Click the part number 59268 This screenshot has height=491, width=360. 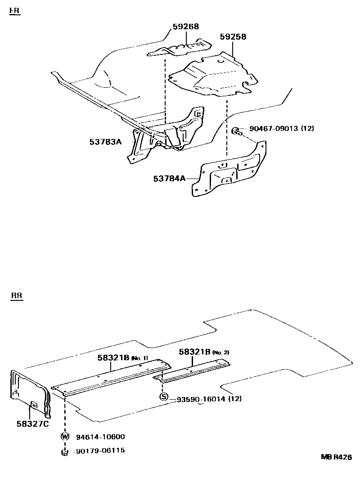coord(186,27)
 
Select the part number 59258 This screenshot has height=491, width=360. coord(233,37)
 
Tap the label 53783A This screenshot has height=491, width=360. coord(106,142)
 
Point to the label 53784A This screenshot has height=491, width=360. coord(169,179)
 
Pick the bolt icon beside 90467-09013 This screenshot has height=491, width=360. coord(236,131)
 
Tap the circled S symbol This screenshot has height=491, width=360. coord(164,397)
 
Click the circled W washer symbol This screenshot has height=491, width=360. coord(65,436)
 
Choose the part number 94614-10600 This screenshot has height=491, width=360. coord(100,437)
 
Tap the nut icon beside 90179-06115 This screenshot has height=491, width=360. coord(65,452)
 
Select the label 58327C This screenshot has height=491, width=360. coord(34,423)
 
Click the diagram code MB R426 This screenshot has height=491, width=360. coord(336,457)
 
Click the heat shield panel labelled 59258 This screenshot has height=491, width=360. coord(211,76)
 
